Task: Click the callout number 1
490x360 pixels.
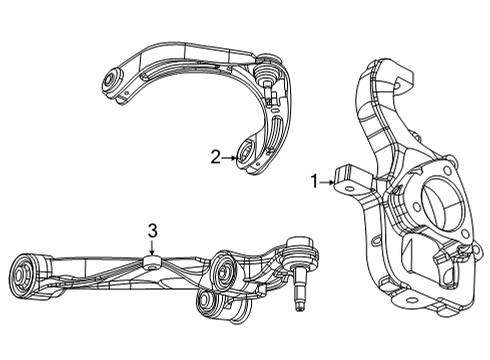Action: pyautogui.click(x=314, y=182)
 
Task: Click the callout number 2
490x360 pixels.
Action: pyautogui.click(x=215, y=156)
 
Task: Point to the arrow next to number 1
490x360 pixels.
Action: pyautogui.click(x=330, y=182)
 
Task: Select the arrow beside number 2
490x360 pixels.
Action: pyautogui.click(x=230, y=156)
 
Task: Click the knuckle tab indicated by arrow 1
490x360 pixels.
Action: pyautogui.click(x=348, y=180)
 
